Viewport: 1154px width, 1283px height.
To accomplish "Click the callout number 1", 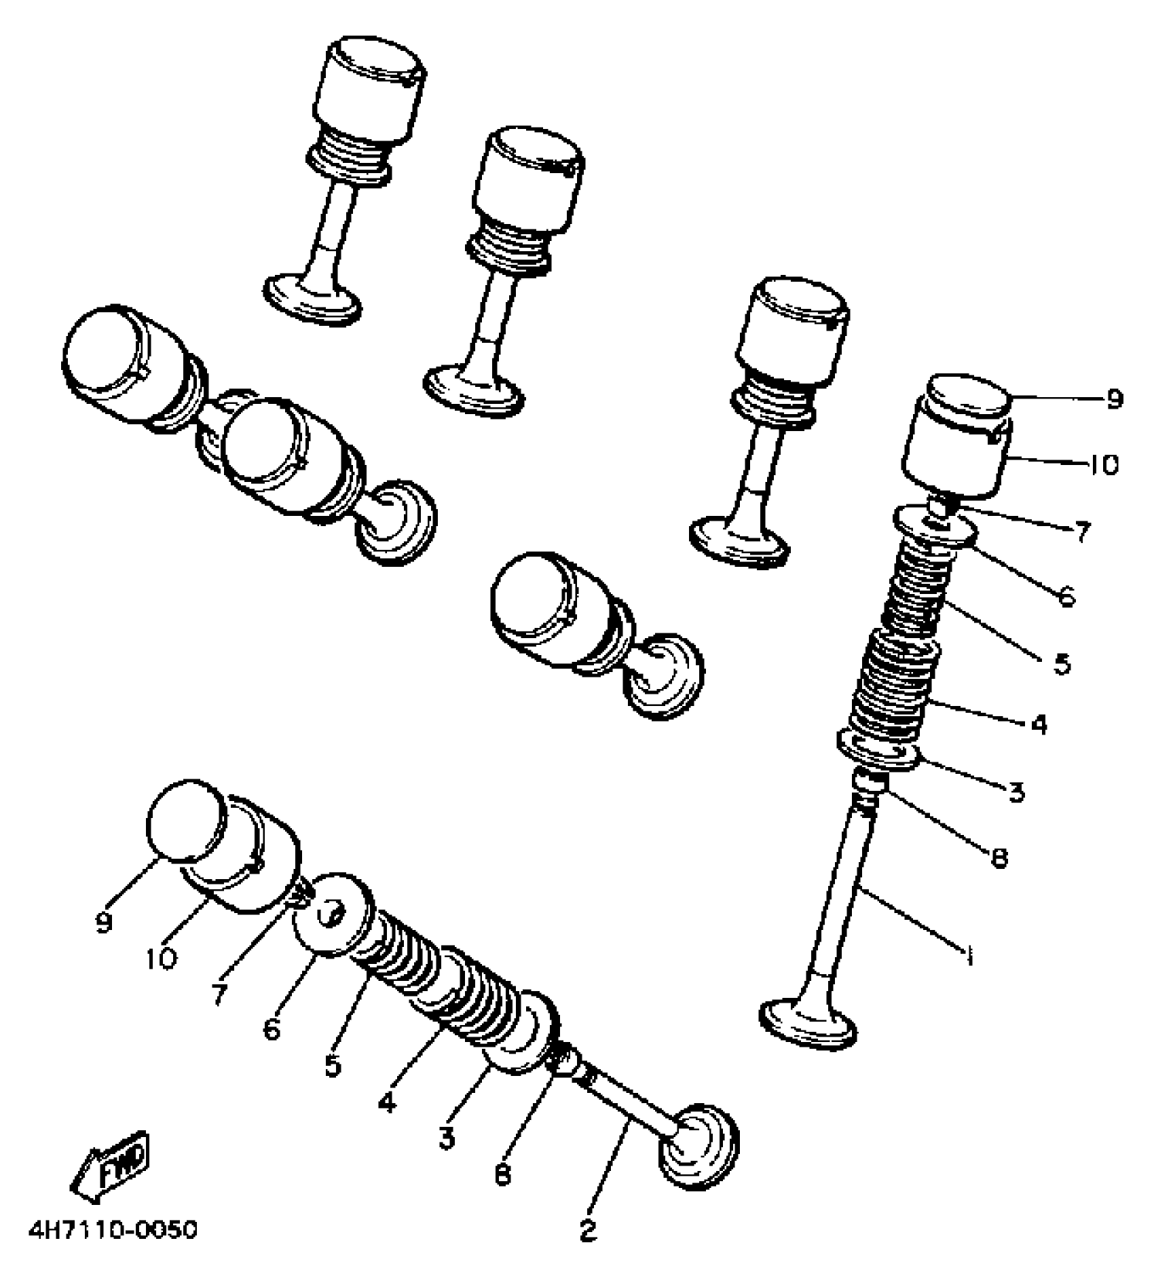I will pos(970,956).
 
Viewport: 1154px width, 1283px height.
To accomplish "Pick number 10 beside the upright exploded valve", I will pos(1104,466).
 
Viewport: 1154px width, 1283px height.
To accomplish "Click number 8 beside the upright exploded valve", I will pos(999,857).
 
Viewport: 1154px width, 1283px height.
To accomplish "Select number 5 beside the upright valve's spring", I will pos(1062,663).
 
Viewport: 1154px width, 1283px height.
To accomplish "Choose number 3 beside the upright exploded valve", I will pos(1016,792).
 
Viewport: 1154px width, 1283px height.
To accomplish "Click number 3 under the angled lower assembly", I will pos(446,1138).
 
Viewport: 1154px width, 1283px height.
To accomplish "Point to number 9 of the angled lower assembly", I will pos(103,923).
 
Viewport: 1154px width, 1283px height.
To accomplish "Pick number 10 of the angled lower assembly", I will pos(161,959).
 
